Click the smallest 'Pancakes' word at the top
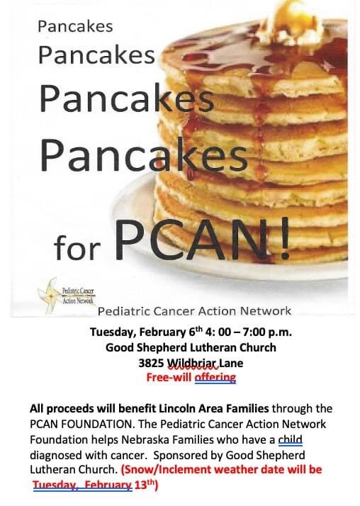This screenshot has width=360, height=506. coord(75,27)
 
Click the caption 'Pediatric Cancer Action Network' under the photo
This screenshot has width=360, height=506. coord(194,310)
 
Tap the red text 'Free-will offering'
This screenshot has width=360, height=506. coord(190,377)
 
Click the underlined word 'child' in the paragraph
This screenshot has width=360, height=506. coord(291,439)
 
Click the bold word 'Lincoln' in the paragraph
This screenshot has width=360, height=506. coord(155,408)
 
